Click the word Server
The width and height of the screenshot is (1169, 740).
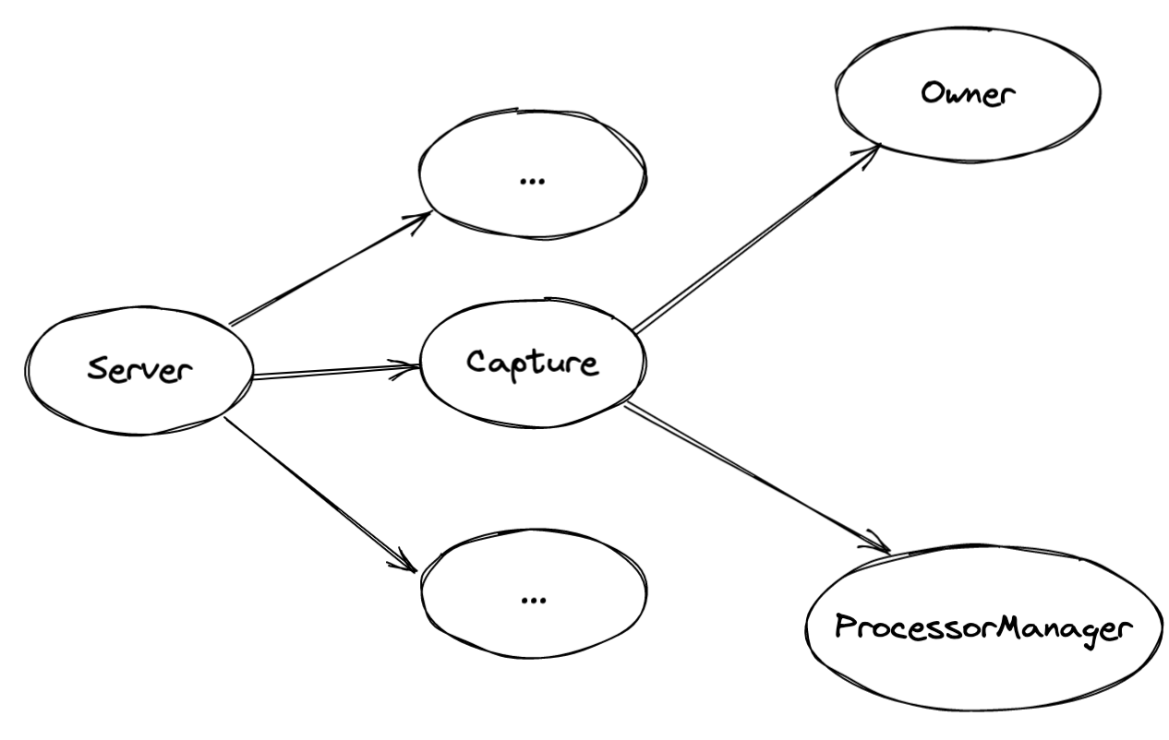[x=140, y=370]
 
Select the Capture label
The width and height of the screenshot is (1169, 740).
[x=533, y=363]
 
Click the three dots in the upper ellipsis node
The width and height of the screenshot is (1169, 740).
[x=533, y=180]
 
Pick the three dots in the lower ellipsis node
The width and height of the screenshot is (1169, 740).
[x=533, y=599]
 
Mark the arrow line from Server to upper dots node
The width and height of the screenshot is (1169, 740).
[x=328, y=269]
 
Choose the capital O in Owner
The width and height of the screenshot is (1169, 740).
[x=933, y=94]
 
